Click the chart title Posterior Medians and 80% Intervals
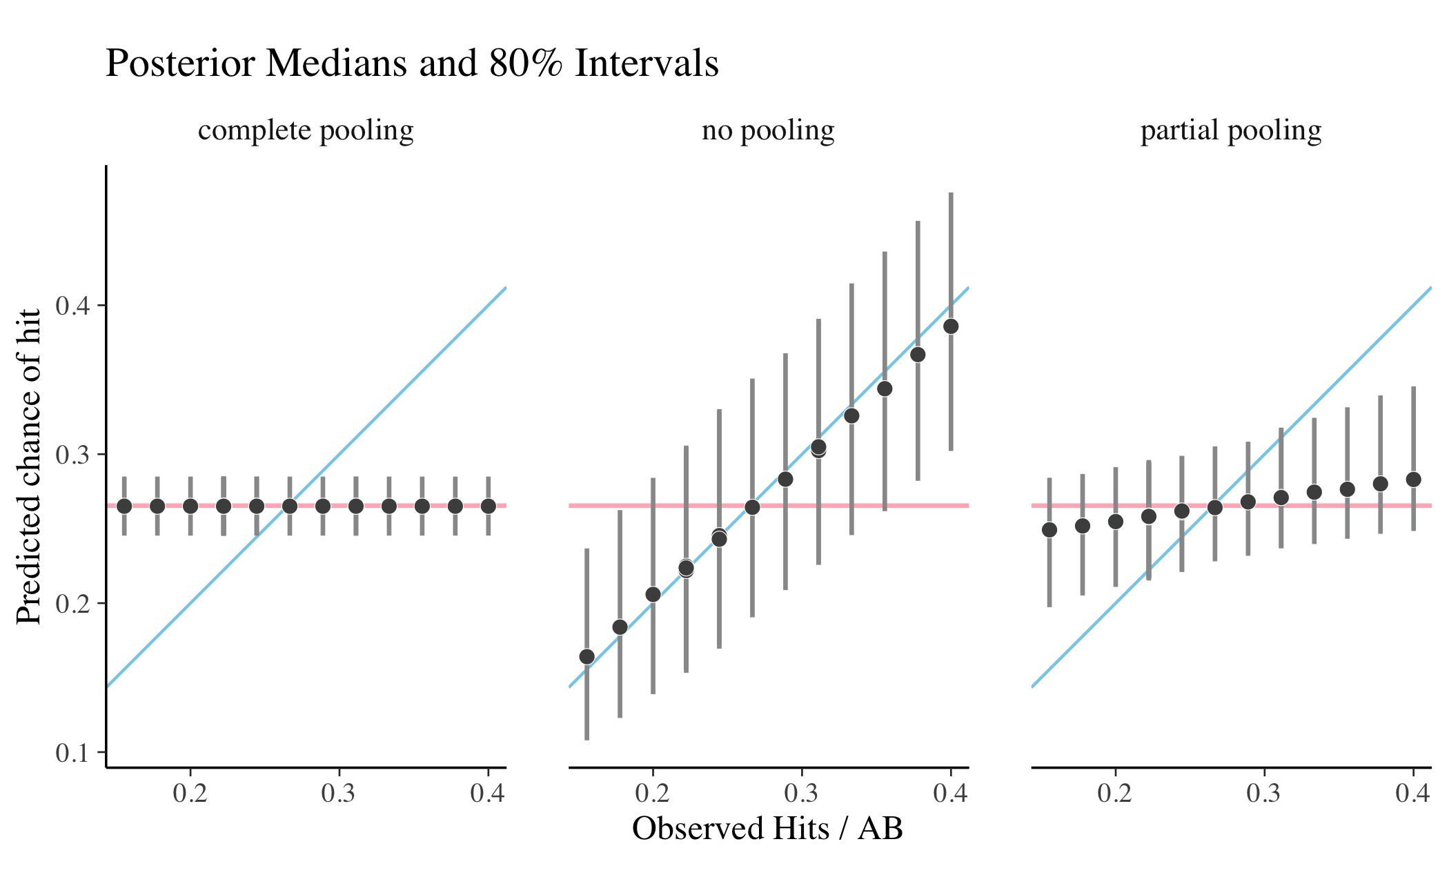pos(412,63)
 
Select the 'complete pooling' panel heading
pos(306,130)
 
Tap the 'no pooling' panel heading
pos(768,130)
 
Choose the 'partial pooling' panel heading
pos(1231,130)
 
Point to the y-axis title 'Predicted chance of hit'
pos(29,466)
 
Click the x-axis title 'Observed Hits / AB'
pos(767,828)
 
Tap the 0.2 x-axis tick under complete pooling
pos(190,794)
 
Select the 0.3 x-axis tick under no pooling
pos(801,794)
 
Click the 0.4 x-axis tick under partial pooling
pos(1412,794)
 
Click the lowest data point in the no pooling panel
pos(586,656)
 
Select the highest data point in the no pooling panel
pos(951,326)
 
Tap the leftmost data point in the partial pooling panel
pos(1049,530)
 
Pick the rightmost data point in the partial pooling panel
pos(1413,480)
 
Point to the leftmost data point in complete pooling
pos(124,506)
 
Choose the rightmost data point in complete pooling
pos(488,506)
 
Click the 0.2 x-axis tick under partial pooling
pos(1115,794)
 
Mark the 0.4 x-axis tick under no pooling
pos(950,794)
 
